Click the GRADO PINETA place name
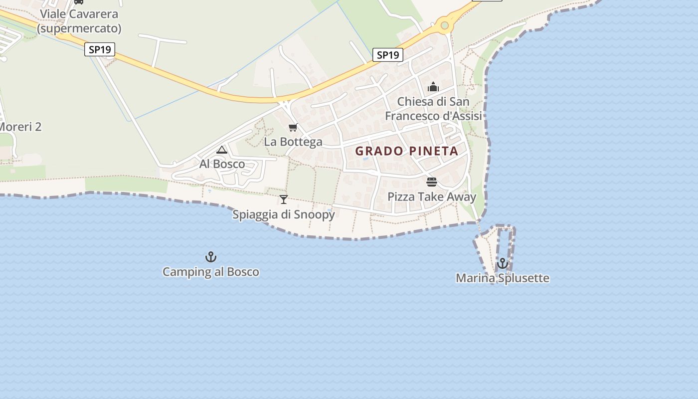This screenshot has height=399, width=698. click(x=406, y=151)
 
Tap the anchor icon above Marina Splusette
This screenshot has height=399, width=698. click(x=503, y=263)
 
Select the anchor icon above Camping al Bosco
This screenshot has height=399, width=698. click(x=211, y=257)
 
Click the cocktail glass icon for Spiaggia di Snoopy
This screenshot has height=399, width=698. click(x=284, y=199)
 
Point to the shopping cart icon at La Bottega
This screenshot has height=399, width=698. click(x=293, y=128)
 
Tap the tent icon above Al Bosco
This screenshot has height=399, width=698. click(x=222, y=150)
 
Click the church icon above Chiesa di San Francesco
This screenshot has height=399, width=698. click(x=433, y=87)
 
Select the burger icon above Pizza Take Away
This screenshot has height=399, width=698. click(x=432, y=182)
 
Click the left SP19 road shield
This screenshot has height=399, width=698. click(x=100, y=49)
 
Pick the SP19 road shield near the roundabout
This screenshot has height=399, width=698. click(x=387, y=55)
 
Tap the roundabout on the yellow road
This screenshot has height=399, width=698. click(x=444, y=25)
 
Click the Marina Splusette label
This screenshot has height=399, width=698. click(x=503, y=278)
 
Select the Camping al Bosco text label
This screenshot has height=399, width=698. click(x=211, y=272)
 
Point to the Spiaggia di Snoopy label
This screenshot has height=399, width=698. click(x=284, y=214)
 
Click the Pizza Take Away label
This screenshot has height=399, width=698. click(x=432, y=197)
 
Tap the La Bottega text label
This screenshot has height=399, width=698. click(x=293, y=142)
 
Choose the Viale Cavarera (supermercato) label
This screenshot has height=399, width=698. click(x=79, y=21)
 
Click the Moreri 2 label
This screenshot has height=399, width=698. click(x=20, y=127)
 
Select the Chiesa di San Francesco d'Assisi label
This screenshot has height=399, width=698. click(x=433, y=109)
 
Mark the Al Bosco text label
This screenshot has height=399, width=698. click(x=222, y=164)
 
